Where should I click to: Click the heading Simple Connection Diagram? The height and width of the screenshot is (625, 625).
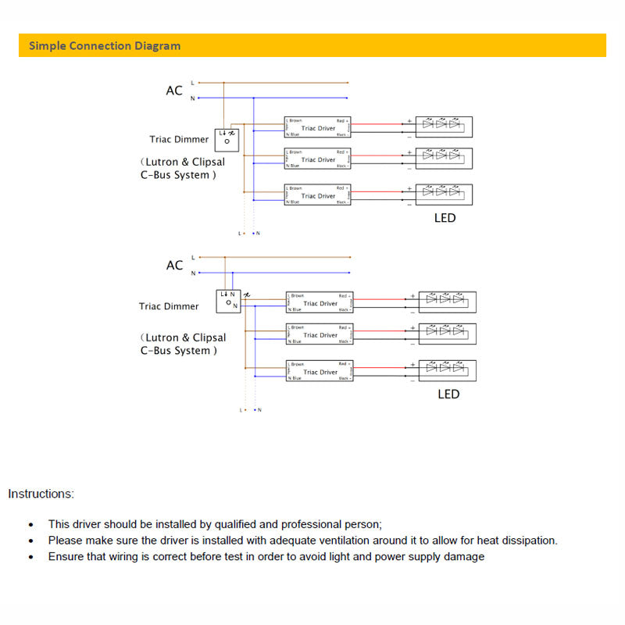(x=105, y=45)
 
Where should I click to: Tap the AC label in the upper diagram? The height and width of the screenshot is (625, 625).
(x=174, y=91)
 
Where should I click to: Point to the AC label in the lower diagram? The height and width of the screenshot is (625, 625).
(x=174, y=266)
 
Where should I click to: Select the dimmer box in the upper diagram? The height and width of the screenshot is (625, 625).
(x=227, y=139)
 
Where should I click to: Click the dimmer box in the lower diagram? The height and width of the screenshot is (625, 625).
(x=228, y=301)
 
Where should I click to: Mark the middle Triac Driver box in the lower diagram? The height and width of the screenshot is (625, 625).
(x=320, y=334)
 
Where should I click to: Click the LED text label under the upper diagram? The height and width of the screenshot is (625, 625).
(x=445, y=218)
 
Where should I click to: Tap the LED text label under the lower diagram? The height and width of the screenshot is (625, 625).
(x=448, y=394)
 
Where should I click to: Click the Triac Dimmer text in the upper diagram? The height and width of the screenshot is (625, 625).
(x=180, y=140)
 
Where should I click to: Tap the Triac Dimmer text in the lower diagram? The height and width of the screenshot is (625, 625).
(x=170, y=306)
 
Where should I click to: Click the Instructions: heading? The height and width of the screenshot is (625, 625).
(x=41, y=494)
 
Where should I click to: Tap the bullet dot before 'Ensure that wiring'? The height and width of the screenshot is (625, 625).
(x=30, y=558)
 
